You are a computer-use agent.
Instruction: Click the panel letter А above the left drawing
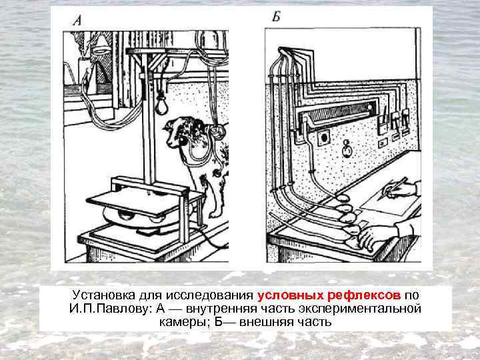pos(77,21)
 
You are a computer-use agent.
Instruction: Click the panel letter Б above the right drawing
pos(275,16)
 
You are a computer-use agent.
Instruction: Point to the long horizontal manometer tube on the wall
pos(340,114)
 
